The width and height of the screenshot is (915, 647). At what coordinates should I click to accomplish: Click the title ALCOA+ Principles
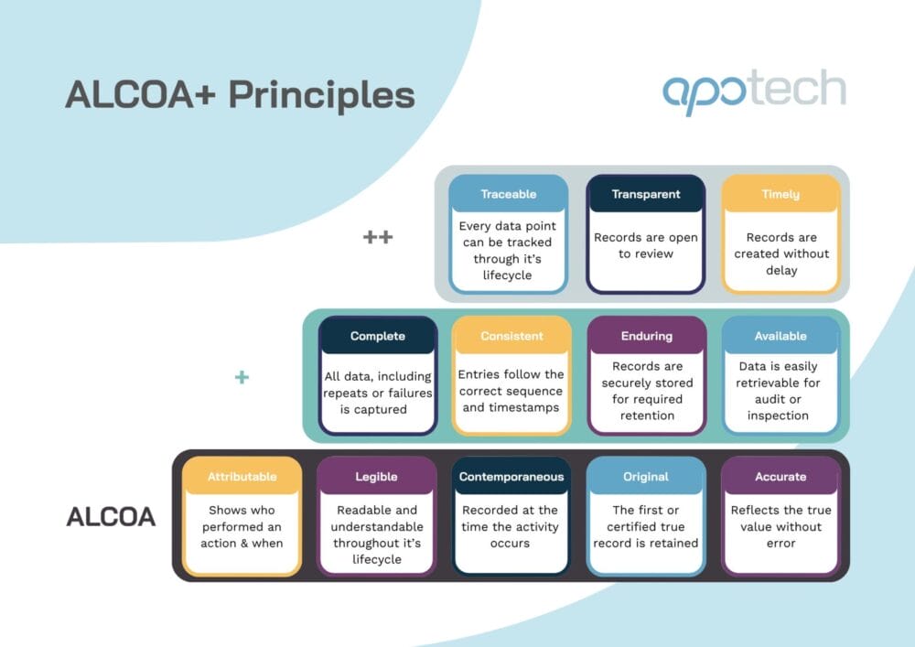(x=240, y=95)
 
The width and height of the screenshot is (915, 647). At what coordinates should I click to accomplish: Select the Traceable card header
(x=508, y=194)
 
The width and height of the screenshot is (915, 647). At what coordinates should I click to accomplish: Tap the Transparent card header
(x=646, y=194)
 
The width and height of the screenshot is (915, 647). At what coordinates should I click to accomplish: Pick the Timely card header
(x=780, y=194)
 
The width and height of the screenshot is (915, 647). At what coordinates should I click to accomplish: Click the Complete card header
(x=378, y=336)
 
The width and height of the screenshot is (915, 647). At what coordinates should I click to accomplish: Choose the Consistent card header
(x=511, y=336)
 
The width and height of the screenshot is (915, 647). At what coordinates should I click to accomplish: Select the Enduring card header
(x=646, y=336)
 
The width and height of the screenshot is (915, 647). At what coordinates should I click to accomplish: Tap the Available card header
(x=780, y=336)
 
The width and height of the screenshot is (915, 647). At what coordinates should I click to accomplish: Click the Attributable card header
(x=242, y=476)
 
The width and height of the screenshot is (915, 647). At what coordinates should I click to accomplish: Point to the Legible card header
(x=376, y=476)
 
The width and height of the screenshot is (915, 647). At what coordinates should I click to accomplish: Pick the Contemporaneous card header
(x=511, y=476)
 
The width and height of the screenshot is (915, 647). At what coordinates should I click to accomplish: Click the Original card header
(x=646, y=476)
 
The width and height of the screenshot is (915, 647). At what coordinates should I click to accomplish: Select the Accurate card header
(x=780, y=476)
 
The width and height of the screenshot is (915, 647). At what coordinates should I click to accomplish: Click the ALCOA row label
(x=111, y=517)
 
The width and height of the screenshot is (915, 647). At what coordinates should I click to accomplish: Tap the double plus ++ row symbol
(x=378, y=237)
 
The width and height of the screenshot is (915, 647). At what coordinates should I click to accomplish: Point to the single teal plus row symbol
(x=242, y=377)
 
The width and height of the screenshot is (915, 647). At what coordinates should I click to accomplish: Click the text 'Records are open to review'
(x=646, y=245)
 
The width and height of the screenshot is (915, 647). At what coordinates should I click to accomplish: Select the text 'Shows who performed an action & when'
(x=242, y=526)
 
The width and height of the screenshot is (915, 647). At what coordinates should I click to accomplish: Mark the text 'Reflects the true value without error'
(x=780, y=526)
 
